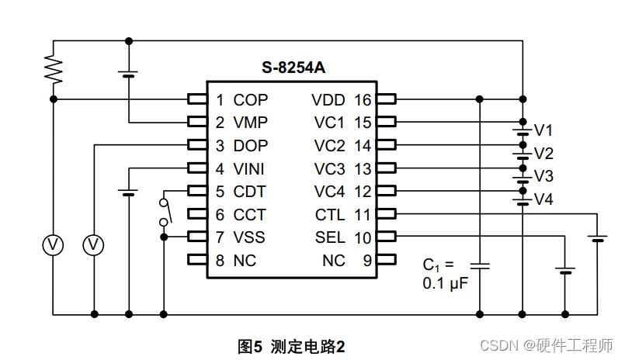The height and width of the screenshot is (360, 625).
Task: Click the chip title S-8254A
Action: tap(293, 67)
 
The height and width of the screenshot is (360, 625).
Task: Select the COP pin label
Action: tap(250, 100)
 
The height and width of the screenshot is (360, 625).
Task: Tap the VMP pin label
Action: tap(250, 123)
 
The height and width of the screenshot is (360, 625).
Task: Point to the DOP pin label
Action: tap(250, 146)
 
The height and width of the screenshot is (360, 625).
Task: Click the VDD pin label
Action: tap(329, 100)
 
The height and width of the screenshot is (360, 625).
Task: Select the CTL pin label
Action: tap(331, 215)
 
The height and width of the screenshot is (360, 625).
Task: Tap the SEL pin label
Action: tap(331, 237)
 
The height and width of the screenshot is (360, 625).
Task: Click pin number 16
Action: tap(363, 100)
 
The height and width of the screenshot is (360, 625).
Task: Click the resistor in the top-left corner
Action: tap(53, 70)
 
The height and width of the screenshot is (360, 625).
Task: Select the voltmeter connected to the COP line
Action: tap(53, 245)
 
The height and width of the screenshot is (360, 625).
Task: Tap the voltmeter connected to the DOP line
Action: tap(94, 245)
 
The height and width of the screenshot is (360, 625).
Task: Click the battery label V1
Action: tap(543, 130)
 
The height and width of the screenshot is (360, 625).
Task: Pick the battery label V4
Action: tap(543, 199)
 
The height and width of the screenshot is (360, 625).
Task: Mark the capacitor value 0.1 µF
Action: tap(445, 283)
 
